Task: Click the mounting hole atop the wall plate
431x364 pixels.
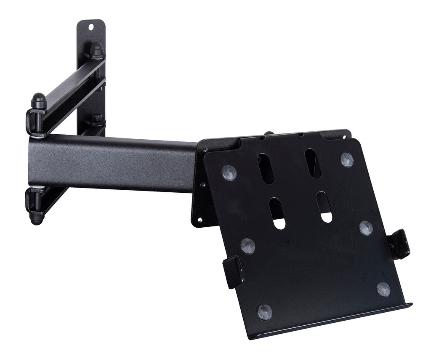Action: [x=91, y=27]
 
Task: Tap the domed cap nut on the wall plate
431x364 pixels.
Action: [x=97, y=49]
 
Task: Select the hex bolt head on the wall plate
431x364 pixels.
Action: [x=96, y=118]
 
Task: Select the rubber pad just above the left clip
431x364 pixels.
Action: [x=247, y=246]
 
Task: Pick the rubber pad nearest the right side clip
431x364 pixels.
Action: [x=366, y=228]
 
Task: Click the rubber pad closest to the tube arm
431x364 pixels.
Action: [x=229, y=173]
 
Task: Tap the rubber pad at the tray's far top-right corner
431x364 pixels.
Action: [x=347, y=160]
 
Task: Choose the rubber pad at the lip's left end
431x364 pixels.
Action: [x=265, y=312]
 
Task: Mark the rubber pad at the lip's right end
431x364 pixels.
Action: [x=383, y=289]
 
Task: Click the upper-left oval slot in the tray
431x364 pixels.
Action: [x=266, y=168]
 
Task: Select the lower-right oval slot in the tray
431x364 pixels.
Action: [x=325, y=207]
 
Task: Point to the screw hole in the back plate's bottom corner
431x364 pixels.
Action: [x=199, y=220]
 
